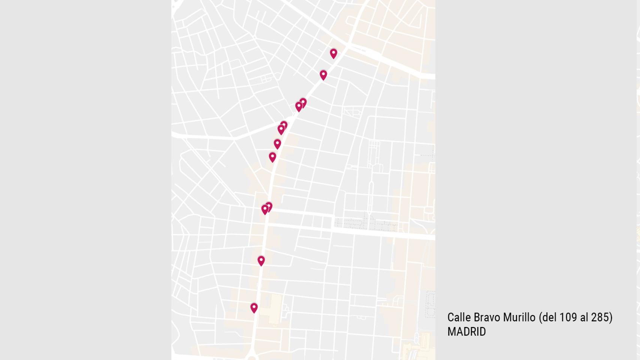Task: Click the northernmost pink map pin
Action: coord(334,53)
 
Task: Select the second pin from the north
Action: coord(323,75)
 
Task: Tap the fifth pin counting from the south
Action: coord(272,157)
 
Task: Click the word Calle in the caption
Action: coord(459,318)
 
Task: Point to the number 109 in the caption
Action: coord(568,318)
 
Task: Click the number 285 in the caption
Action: coord(600,318)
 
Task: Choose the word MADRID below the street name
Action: coord(466,332)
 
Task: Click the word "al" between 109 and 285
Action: coord(584,318)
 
